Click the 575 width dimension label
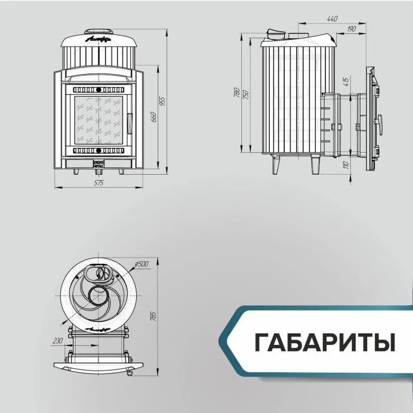[x=99, y=184]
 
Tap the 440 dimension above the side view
[x=332, y=19]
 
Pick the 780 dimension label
[x=237, y=93]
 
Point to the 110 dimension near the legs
[x=347, y=165]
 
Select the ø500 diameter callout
[x=142, y=264]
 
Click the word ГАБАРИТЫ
[x=324, y=343]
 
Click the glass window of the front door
[x=99, y=120]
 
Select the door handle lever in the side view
[x=381, y=120]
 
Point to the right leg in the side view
[x=315, y=165]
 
